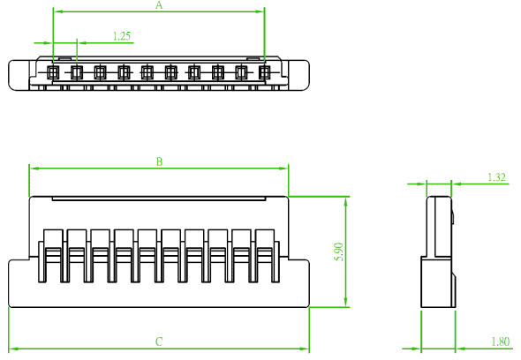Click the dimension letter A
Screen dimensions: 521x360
click(x=159, y=5)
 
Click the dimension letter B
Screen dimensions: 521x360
click(x=159, y=161)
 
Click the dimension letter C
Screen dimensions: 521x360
click(x=159, y=341)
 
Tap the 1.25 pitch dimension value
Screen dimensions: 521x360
click(x=122, y=36)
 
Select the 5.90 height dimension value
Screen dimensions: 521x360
click(x=339, y=251)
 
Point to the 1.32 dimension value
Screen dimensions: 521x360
click(x=496, y=177)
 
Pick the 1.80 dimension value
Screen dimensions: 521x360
click(x=500, y=341)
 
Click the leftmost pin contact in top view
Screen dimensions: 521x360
click(x=53, y=72)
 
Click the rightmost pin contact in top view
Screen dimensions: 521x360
click(x=265, y=72)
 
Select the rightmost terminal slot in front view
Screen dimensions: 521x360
click(x=265, y=256)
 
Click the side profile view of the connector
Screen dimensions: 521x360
click(x=438, y=251)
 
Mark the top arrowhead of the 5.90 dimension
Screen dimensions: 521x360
click(x=346, y=201)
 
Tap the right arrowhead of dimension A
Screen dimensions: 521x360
click(x=260, y=11)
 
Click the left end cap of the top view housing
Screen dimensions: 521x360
click(x=19, y=75)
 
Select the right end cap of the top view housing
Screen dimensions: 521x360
click(x=298, y=75)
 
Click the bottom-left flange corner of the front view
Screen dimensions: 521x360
click(x=9, y=306)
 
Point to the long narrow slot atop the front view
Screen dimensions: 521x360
click(x=159, y=199)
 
